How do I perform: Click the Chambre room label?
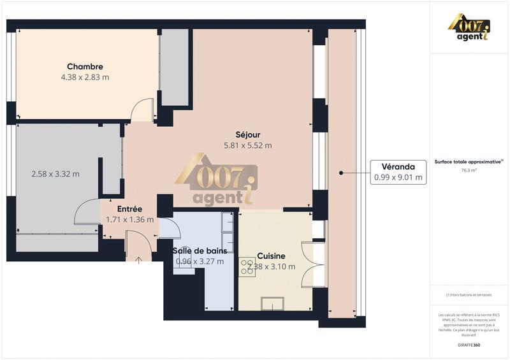(85, 67)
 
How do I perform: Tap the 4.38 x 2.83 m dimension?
(85, 78)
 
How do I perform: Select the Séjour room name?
(247, 134)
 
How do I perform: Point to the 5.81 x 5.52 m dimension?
(247, 145)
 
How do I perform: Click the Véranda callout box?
(399, 172)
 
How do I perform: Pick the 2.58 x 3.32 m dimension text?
(55, 174)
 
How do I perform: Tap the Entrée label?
(129, 209)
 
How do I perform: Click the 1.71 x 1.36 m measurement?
(129, 220)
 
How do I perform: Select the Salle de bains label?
(200, 250)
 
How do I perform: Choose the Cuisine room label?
(271, 256)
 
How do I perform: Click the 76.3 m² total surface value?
(469, 171)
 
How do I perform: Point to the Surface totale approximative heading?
(469, 162)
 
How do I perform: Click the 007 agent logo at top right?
(469, 28)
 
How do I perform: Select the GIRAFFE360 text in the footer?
(469, 345)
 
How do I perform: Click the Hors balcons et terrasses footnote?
(469, 295)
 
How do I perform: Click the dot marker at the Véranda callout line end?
(341, 172)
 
